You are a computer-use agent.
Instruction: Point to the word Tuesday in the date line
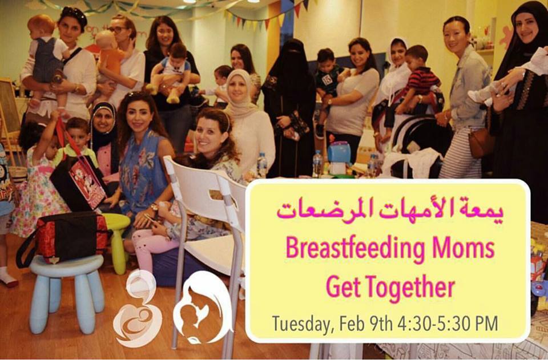(301, 324)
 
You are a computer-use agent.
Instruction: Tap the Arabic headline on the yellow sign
(390, 209)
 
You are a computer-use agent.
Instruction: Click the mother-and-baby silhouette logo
(203, 308)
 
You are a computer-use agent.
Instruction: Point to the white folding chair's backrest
(205, 196)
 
